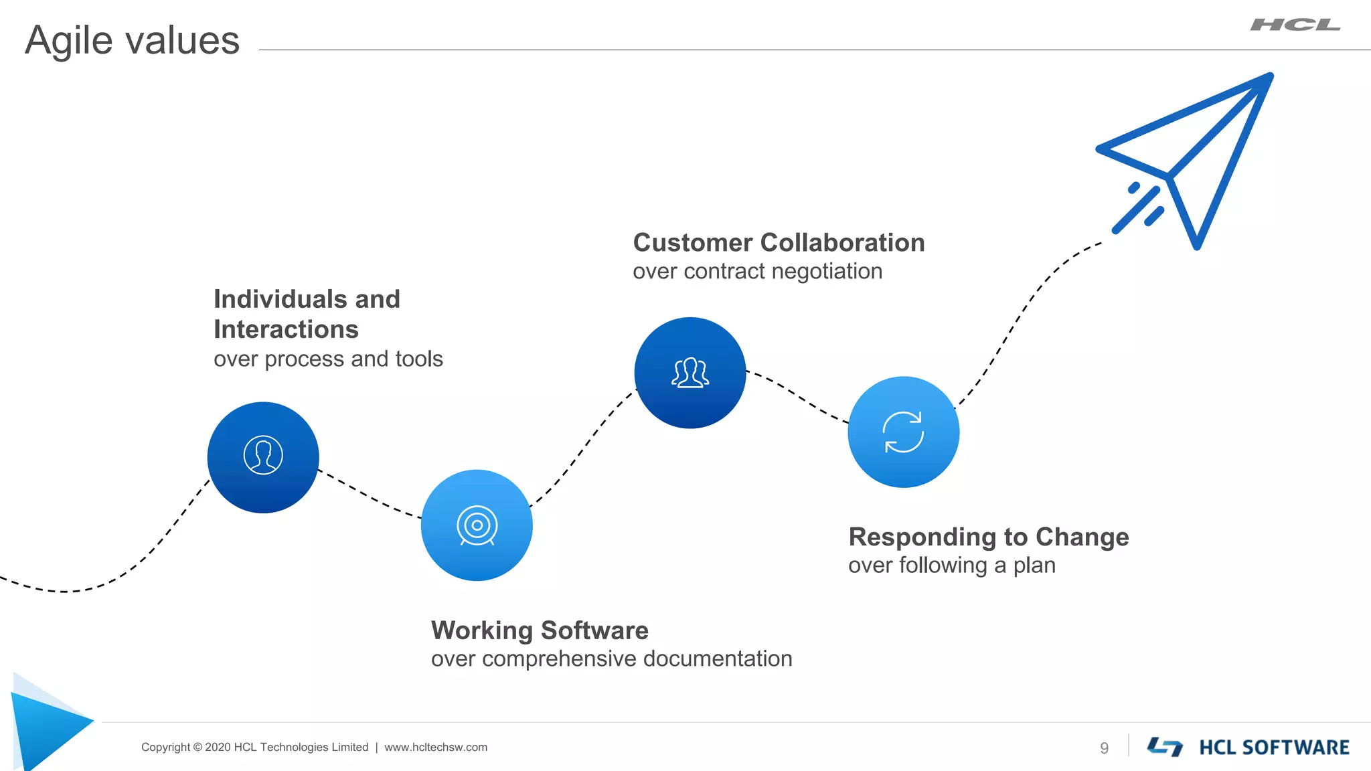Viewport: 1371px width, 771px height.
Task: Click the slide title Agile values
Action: (132, 40)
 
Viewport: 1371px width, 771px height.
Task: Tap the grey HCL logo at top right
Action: (1295, 25)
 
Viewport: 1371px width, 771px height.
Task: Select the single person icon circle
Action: (263, 457)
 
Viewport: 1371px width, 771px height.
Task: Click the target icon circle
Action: (477, 525)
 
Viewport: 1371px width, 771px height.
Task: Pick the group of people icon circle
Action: (690, 373)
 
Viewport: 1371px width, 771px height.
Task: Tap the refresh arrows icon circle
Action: (903, 432)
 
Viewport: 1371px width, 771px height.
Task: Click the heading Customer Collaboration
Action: (779, 243)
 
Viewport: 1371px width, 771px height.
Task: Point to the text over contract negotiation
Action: (757, 272)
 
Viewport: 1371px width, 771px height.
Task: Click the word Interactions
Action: (286, 329)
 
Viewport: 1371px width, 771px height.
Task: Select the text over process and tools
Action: (328, 359)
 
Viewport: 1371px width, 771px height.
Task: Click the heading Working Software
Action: (540, 630)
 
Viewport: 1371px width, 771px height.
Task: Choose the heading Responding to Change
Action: (988, 537)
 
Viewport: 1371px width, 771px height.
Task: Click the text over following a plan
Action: (951, 566)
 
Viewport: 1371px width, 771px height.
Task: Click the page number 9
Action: (1104, 748)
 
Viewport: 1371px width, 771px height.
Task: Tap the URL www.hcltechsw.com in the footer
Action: (436, 748)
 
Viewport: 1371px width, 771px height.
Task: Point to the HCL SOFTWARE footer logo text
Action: (1273, 748)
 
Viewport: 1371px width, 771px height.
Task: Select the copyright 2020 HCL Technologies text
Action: (254, 748)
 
